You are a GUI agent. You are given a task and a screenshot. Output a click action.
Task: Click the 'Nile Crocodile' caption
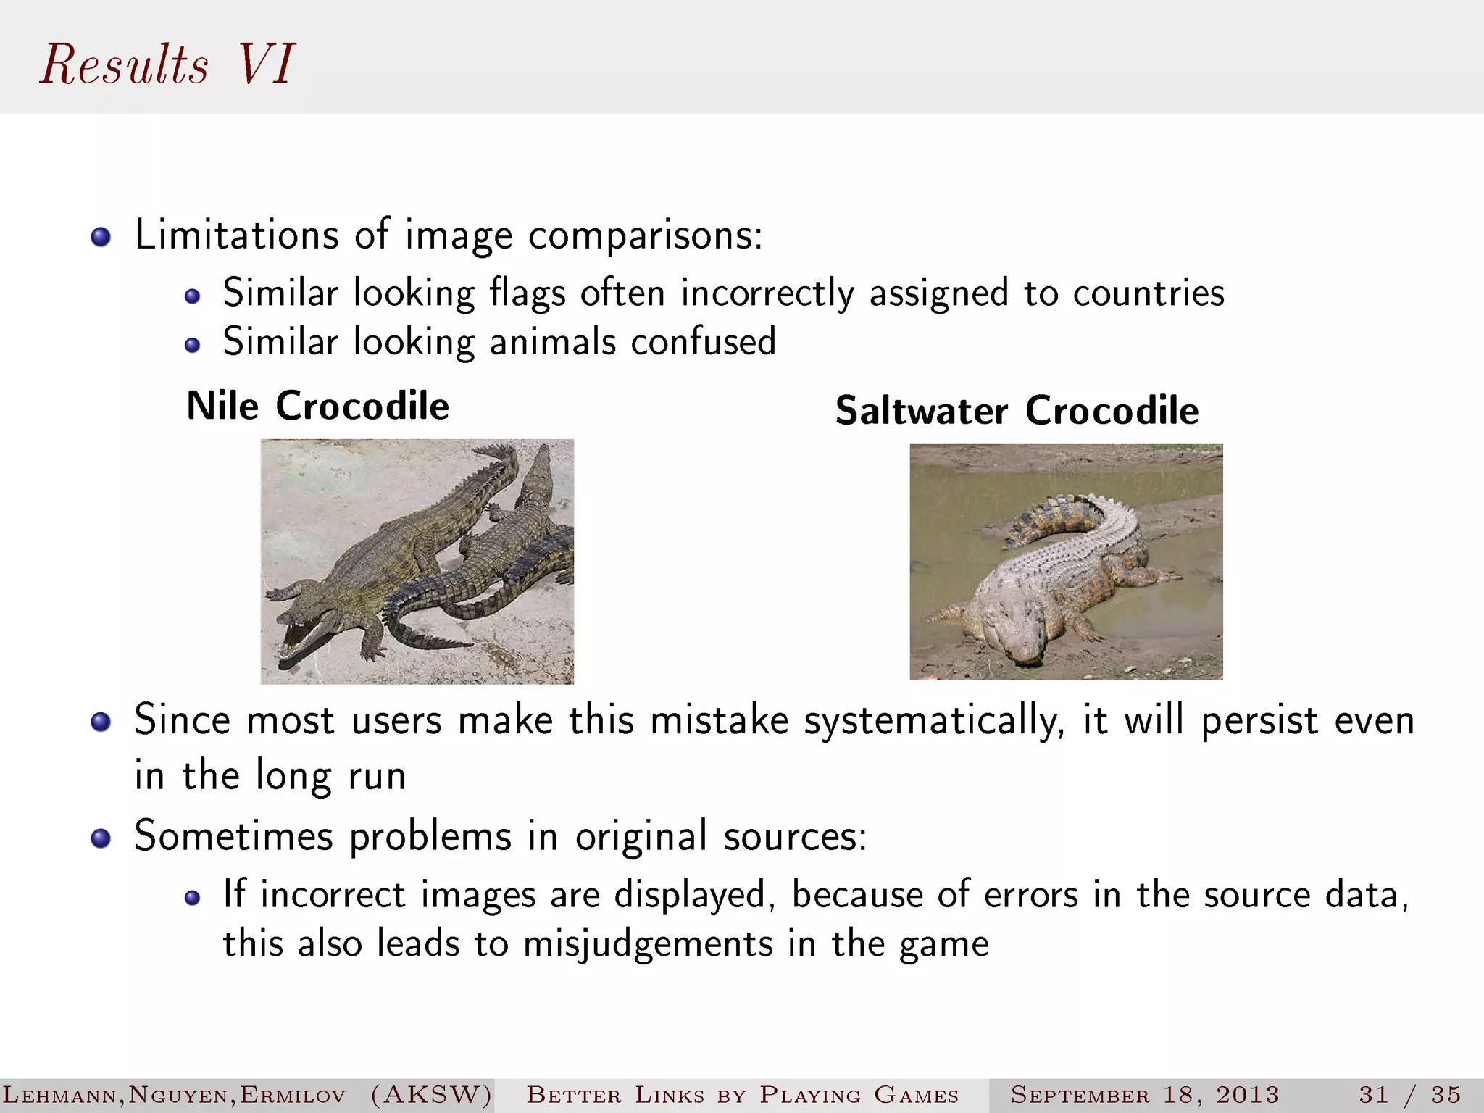tap(317, 406)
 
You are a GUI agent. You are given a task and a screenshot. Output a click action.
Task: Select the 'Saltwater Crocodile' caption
tap(1017, 411)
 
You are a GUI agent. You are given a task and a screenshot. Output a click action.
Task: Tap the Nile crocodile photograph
tap(417, 562)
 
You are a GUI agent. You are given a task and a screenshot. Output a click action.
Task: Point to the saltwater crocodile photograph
tap(1066, 562)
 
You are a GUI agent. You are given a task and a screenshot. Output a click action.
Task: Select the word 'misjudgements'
tap(648, 945)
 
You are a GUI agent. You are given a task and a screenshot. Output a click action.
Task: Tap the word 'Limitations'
tap(237, 235)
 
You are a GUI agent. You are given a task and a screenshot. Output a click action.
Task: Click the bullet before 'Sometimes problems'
tap(101, 839)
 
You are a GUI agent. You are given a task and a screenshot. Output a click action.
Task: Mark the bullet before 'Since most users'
tap(101, 722)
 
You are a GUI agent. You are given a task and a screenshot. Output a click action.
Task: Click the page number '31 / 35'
tap(1409, 1094)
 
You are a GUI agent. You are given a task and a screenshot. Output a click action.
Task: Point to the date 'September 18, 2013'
tap(1145, 1094)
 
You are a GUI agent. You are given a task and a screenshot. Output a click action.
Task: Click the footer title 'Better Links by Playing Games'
tap(742, 1094)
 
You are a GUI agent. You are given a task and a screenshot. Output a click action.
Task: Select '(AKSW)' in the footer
tap(431, 1094)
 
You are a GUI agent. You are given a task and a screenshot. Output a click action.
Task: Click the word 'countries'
tap(1149, 294)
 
